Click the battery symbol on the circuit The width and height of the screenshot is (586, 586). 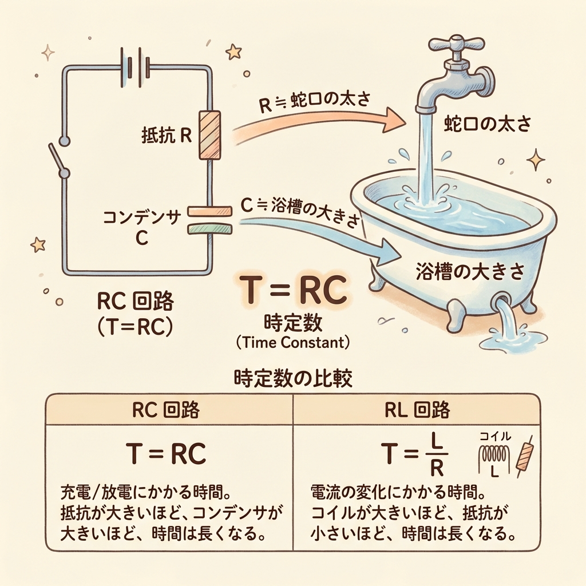134,68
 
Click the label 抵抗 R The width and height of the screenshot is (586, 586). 165,137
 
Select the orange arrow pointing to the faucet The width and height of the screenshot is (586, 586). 320,121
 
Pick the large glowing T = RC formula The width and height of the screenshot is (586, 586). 291,290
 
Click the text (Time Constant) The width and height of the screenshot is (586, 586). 292,343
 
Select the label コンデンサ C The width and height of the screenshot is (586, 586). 141,227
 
